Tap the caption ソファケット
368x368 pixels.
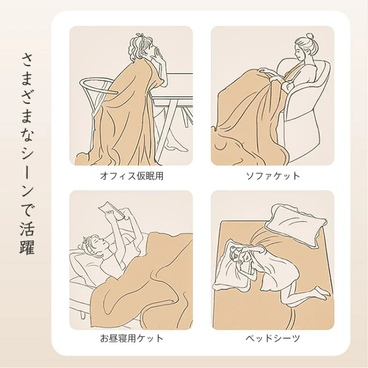pyautogui.click(x=272, y=176)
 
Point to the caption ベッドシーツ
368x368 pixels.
pyautogui.click(x=272, y=338)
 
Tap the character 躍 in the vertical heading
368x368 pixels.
pyautogui.click(x=28, y=246)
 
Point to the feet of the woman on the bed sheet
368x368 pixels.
pyautogui.click(x=321, y=292)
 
